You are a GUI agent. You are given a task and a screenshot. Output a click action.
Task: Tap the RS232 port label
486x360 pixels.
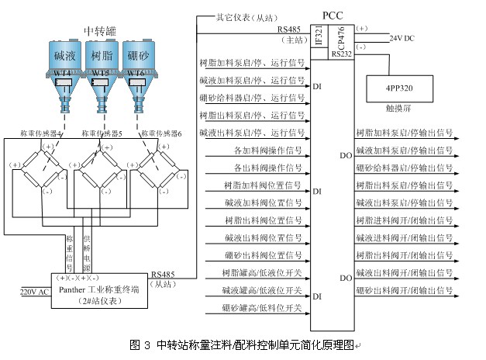[x=341, y=54]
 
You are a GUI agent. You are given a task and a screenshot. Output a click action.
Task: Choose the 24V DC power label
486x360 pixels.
[x=403, y=37]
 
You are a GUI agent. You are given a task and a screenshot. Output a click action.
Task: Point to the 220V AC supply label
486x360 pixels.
[x=34, y=292]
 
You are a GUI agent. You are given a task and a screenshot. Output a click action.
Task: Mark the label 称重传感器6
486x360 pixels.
[x=164, y=133]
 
